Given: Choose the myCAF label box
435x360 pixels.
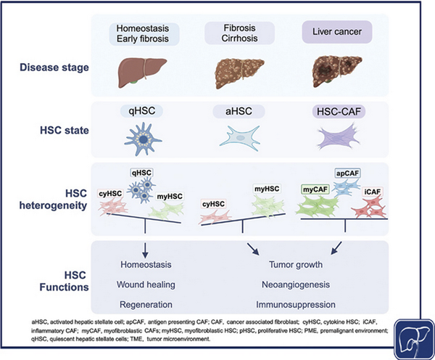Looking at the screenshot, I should pos(314,189).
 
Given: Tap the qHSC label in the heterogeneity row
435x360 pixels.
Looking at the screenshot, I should pos(142,173).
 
